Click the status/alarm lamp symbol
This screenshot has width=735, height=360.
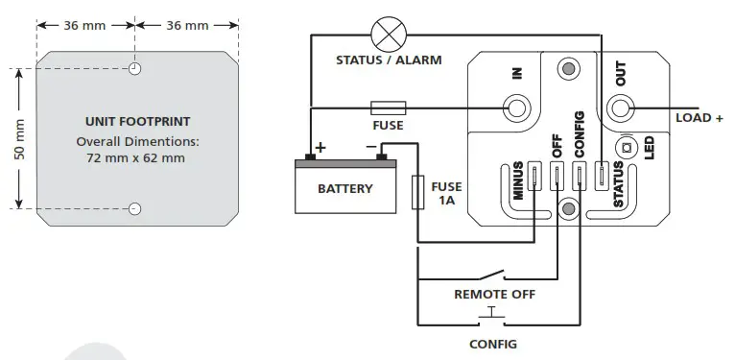(389, 36)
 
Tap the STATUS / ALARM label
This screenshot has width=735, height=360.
(389, 60)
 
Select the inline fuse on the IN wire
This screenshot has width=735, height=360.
(387, 108)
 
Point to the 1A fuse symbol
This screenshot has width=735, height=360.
(418, 192)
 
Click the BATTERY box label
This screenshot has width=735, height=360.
(344, 189)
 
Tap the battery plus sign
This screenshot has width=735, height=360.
(320, 147)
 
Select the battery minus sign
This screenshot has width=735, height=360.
(369, 147)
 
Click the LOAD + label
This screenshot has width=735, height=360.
(699, 118)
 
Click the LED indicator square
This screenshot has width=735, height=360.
(628, 149)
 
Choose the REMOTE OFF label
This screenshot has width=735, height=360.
(494, 295)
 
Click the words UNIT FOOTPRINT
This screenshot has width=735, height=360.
(137, 122)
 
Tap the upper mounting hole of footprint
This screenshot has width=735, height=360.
(136, 69)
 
